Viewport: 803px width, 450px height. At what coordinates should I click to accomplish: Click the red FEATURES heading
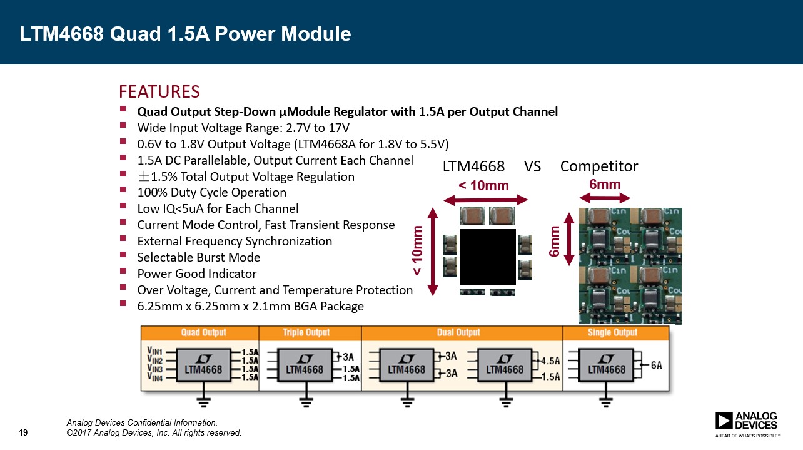point(159,91)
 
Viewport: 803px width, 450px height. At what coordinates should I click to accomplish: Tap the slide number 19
point(23,432)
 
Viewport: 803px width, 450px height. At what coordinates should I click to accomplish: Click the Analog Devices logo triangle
point(724,421)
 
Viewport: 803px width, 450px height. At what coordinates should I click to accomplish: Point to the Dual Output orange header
point(462,333)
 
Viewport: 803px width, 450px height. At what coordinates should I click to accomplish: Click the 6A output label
point(657,366)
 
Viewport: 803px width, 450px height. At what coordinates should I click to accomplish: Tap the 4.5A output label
point(550,361)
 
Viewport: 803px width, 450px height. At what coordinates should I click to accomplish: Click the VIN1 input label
point(155,350)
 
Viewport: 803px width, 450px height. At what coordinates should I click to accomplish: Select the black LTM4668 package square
point(488,257)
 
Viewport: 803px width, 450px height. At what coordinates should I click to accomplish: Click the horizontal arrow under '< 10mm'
point(485,200)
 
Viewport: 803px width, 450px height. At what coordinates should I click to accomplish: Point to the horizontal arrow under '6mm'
point(605,198)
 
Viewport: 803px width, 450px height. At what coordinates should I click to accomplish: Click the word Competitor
point(599,166)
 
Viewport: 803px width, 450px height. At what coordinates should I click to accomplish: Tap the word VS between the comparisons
point(532,166)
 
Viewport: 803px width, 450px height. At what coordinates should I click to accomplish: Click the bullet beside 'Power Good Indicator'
point(123,271)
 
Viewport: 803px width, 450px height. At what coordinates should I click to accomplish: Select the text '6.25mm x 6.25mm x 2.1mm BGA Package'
point(251,306)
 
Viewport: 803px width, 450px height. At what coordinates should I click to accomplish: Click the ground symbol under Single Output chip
point(606,402)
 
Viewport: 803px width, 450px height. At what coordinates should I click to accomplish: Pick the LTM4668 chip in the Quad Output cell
point(203,365)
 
